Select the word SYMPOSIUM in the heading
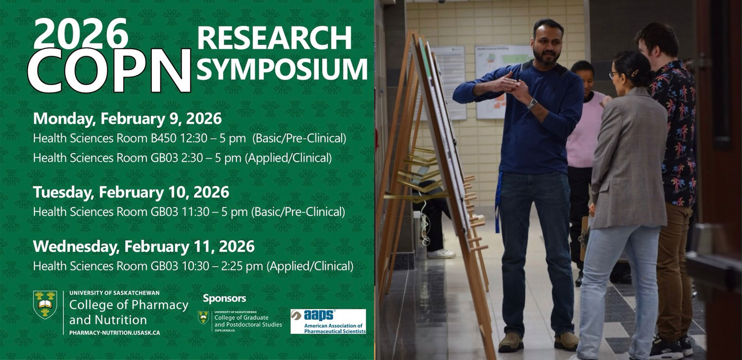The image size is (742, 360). point(282,69)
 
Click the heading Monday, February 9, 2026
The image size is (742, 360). point(127,119)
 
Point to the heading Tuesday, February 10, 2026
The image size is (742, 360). point(131,192)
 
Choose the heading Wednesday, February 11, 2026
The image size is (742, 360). point(144,246)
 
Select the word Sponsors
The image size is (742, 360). point(224,298)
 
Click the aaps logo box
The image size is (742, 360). point(328,322)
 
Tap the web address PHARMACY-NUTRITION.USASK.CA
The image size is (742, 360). point(115,333)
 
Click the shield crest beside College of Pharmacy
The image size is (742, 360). point(45,305)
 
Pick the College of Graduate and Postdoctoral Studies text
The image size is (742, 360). point(248,321)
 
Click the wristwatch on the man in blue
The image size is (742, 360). point(532,103)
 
